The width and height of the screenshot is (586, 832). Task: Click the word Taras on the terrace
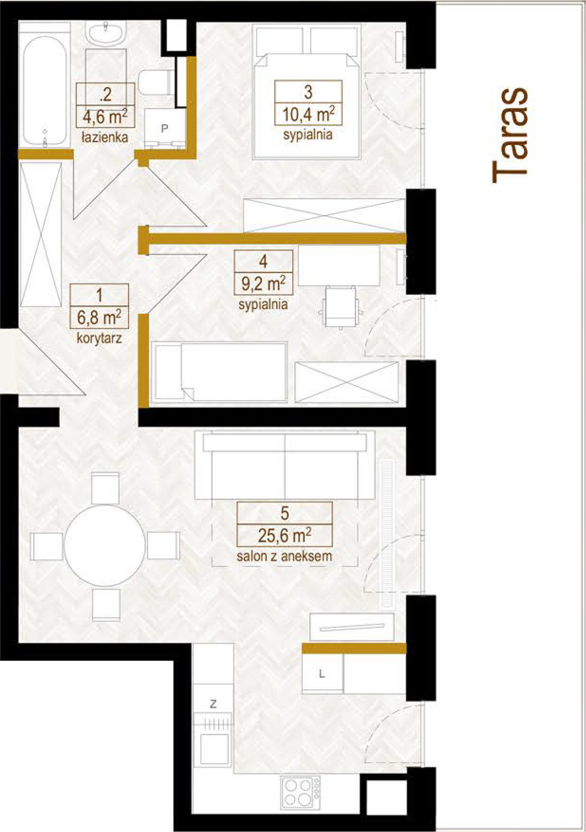[510, 136]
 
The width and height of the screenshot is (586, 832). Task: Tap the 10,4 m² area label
[308, 115]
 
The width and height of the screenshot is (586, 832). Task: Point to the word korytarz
[99, 338]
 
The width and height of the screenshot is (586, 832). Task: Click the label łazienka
[104, 137]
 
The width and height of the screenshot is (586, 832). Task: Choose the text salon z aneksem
[284, 556]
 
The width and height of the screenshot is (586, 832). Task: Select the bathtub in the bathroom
[45, 92]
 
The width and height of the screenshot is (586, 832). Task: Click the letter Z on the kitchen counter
[214, 704]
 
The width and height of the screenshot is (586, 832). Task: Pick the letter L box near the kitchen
[322, 674]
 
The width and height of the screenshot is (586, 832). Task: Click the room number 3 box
[308, 92]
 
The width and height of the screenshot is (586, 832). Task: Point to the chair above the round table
[105, 487]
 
